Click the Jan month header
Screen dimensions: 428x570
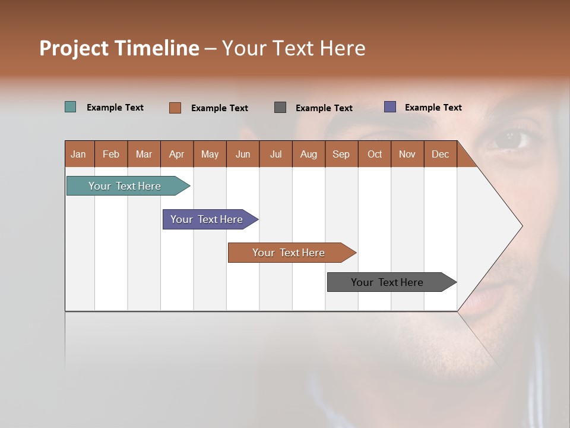[x=79, y=154]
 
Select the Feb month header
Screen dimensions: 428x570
[x=111, y=154]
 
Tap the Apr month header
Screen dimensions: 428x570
[x=177, y=154]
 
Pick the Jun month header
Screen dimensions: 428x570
[x=243, y=154]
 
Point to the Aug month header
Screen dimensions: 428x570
[x=309, y=154]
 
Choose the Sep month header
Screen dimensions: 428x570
[x=341, y=154]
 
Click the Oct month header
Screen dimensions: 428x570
[x=375, y=154]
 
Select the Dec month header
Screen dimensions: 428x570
[x=441, y=154]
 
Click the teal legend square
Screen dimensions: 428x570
[x=70, y=107]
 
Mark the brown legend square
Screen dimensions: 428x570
[x=175, y=108]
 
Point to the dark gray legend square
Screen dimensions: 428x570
[x=280, y=107]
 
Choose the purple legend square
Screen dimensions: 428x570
[x=390, y=107]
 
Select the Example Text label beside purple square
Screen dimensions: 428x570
[x=433, y=107]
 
